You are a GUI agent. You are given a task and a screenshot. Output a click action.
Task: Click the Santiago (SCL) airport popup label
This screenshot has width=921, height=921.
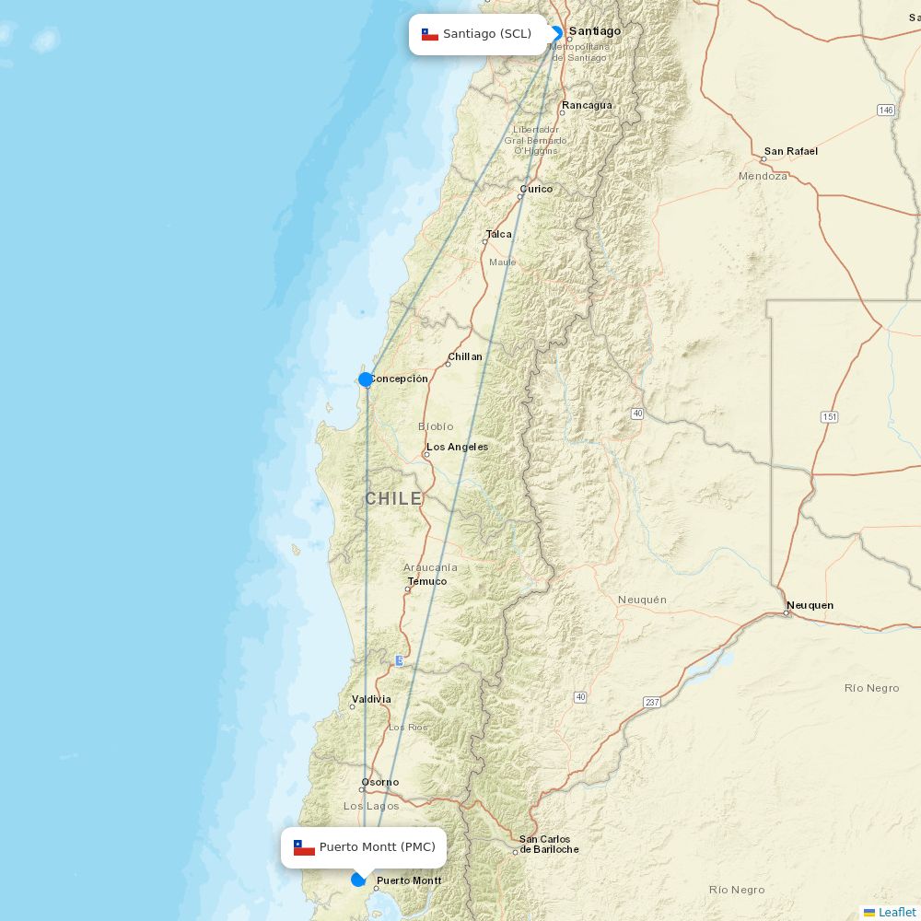click(x=479, y=34)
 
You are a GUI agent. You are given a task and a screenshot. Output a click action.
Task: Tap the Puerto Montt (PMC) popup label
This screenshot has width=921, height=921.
click(x=364, y=847)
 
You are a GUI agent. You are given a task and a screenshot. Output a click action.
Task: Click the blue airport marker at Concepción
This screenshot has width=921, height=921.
click(x=366, y=379)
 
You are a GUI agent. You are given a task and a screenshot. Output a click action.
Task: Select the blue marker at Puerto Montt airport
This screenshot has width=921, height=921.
click(x=358, y=880)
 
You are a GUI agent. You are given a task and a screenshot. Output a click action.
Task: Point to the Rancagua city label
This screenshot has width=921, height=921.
click(x=587, y=105)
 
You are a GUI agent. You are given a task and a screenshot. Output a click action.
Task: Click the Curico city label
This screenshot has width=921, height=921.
click(x=536, y=189)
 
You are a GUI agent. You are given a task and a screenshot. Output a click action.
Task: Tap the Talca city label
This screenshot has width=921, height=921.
click(x=498, y=234)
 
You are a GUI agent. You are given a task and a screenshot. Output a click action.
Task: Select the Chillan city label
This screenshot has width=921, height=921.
click(x=465, y=356)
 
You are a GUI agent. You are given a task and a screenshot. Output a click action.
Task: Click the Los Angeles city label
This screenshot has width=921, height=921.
click(x=457, y=447)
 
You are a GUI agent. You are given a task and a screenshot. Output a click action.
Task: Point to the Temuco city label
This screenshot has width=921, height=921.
click(x=427, y=581)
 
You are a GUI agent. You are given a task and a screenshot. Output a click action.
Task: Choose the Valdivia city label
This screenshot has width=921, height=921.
click(x=371, y=699)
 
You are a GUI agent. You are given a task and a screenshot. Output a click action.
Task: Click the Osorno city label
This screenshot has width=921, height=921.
click(x=379, y=782)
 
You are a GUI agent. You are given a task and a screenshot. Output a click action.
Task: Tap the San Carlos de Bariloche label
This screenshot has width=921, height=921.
click(x=549, y=844)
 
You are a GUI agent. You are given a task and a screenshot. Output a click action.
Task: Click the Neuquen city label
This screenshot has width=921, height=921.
click(x=810, y=605)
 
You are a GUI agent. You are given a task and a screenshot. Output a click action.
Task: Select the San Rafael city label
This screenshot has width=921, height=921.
click(x=790, y=151)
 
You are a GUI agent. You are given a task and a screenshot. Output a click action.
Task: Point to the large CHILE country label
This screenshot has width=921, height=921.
click(x=393, y=498)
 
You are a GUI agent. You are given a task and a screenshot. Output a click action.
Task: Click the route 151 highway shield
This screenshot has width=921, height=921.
click(x=830, y=417)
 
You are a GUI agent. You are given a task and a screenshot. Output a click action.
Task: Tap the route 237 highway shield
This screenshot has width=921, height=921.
click(x=652, y=703)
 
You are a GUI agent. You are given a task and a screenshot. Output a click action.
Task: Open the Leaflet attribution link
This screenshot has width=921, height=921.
click(x=896, y=912)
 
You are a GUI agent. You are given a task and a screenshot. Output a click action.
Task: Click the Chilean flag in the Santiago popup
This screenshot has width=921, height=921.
click(x=430, y=35)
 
